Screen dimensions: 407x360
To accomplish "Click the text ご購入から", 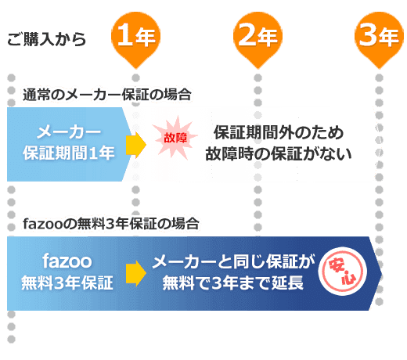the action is [x=46, y=39].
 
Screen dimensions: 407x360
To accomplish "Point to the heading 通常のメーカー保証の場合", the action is [x=107, y=95].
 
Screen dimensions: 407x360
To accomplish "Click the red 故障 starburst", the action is [x=175, y=138].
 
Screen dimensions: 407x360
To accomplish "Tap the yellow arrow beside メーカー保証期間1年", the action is [x=136, y=145].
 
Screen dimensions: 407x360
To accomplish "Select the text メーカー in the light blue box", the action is [x=69, y=132].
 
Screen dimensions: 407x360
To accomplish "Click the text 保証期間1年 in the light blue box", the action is [x=69, y=153].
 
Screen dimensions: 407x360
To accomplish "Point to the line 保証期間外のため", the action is [x=279, y=132].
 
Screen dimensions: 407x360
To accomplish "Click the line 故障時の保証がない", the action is [x=279, y=153].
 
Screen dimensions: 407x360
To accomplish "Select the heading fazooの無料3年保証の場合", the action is [x=111, y=224].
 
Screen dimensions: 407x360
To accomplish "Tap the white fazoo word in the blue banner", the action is [x=67, y=261].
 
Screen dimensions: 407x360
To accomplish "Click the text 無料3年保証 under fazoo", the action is [x=67, y=283].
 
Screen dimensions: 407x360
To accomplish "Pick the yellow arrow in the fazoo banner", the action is [x=136, y=273].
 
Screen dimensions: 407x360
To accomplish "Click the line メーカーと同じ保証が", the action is [x=233, y=261].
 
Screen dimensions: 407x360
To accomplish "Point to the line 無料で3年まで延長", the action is [x=233, y=283].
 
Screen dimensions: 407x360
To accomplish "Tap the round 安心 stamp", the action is [x=342, y=272].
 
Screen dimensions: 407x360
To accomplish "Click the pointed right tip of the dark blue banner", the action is [x=382, y=274].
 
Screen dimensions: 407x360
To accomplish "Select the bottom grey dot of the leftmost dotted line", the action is [x=11, y=339].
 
